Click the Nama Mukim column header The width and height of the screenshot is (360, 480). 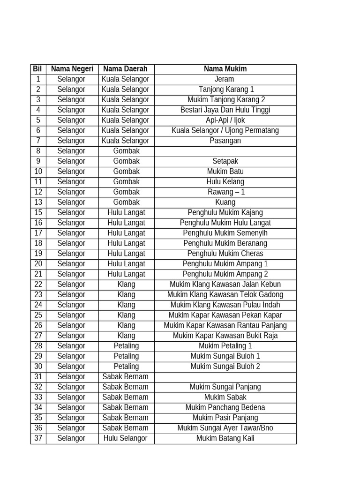(225, 69)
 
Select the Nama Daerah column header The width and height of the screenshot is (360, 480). (125, 69)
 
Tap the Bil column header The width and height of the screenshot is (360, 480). (37, 69)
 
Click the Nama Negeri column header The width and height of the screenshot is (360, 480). (72, 69)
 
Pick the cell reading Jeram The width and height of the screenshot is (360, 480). (225, 79)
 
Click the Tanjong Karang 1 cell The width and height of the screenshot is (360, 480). (225, 90)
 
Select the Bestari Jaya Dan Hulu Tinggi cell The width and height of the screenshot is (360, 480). (225, 110)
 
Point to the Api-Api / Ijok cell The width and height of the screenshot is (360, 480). (225, 120)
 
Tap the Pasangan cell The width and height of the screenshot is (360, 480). (225, 141)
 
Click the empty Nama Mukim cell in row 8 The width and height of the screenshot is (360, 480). (225, 151)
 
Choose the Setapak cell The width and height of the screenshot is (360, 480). (225, 161)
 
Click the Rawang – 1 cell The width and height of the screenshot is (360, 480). (225, 192)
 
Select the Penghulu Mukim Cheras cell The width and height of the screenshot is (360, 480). (225, 254)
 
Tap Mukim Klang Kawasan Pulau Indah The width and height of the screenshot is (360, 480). (225, 305)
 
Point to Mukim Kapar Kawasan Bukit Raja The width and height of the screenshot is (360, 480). (225, 336)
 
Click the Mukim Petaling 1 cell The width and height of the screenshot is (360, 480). (225, 346)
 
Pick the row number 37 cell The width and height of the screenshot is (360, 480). (38, 438)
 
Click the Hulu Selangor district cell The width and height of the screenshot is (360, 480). (126, 438)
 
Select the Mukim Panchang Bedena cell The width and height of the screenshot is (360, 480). (225, 407)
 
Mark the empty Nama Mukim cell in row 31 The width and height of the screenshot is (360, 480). (225, 377)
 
